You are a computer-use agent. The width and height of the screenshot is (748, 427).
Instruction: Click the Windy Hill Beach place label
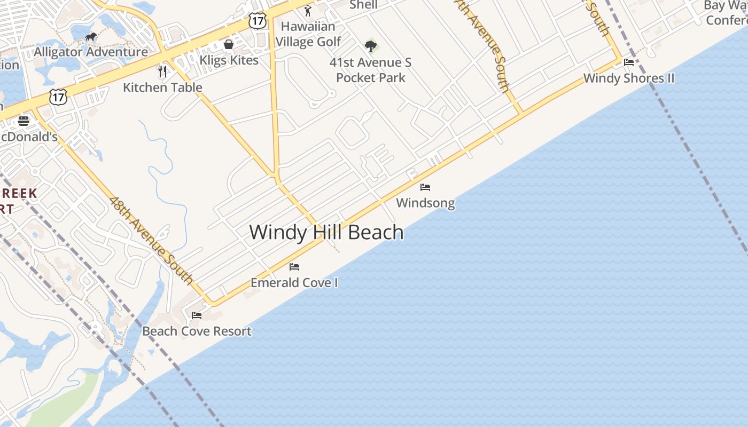(326, 233)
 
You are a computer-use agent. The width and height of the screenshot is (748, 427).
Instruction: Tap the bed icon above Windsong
(425, 187)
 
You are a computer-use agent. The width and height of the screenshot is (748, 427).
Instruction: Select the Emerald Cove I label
(294, 282)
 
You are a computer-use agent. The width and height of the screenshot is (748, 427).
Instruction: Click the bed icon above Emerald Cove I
(294, 267)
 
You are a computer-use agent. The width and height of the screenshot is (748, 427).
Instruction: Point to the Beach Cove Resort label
(197, 331)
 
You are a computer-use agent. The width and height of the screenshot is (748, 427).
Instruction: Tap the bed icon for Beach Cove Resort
(197, 315)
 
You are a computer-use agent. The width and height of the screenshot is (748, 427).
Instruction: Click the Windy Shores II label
(629, 78)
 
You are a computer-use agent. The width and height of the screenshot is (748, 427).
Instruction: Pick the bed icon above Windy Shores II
(629, 62)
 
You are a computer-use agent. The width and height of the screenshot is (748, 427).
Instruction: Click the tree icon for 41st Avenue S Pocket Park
(371, 46)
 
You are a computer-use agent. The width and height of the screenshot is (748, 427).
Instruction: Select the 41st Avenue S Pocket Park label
(371, 70)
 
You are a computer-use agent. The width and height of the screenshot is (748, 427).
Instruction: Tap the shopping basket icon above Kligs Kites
(229, 44)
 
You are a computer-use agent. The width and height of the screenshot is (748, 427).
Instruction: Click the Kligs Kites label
(229, 60)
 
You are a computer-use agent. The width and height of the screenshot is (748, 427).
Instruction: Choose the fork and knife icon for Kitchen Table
(162, 72)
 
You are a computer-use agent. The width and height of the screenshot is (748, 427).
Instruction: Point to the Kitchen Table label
(162, 87)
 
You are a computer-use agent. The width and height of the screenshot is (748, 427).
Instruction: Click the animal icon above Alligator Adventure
(91, 36)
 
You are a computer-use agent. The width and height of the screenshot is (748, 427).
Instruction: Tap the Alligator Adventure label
(91, 52)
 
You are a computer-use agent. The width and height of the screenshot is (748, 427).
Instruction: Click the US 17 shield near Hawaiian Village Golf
(258, 21)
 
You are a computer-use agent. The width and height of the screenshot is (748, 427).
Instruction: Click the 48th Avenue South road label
(151, 240)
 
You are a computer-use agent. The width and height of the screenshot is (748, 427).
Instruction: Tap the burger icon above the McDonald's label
(24, 121)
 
